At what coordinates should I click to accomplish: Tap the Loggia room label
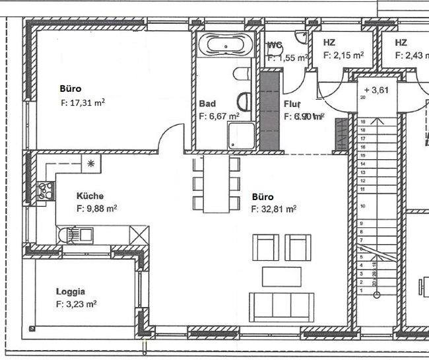pyautogui.click(x=71, y=291)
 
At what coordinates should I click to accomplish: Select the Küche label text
pyautogui.click(x=90, y=196)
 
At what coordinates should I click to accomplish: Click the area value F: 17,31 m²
pyautogui.click(x=82, y=102)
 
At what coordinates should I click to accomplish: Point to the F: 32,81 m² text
pyautogui.click(x=274, y=209)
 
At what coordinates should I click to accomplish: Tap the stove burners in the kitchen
pyautogui.click(x=46, y=191)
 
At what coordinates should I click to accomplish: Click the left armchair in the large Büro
pyautogui.click(x=266, y=247)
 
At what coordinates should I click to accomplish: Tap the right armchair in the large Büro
pyautogui.click(x=298, y=247)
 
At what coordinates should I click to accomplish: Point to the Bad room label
pyautogui.click(x=207, y=104)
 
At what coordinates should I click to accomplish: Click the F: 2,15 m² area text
pyautogui.click(x=343, y=56)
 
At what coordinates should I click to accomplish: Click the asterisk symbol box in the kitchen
pyautogui.click(x=91, y=163)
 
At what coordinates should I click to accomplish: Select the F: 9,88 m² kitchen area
pyautogui.click(x=97, y=208)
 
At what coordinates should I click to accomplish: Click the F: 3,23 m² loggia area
pyautogui.click(x=77, y=305)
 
